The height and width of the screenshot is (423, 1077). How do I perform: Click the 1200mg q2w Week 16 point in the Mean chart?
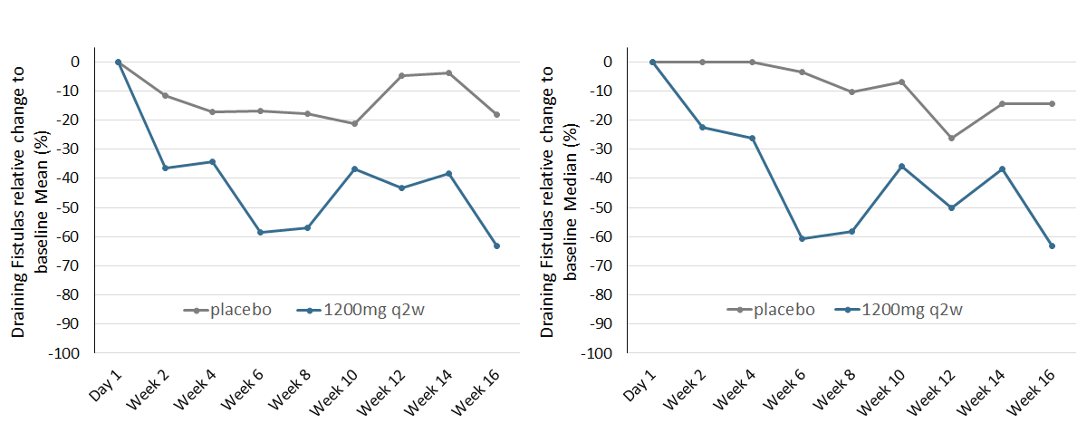[x=496, y=245]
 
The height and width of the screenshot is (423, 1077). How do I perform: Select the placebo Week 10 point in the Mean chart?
[x=354, y=123]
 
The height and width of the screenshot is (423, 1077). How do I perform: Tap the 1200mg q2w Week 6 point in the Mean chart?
[x=260, y=233]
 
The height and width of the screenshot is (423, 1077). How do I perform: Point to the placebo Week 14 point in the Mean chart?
[x=449, y=72]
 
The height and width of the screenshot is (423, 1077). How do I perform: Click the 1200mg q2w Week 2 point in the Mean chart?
[x=165, y=168]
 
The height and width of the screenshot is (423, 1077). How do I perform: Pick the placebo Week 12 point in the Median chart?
[x=952, y=138]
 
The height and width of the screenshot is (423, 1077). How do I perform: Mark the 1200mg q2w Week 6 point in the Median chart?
[x=802, y=238]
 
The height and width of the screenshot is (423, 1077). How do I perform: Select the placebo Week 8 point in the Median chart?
[x=851, y=91]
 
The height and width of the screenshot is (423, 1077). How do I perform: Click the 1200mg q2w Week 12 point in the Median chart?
[x=952, y=207]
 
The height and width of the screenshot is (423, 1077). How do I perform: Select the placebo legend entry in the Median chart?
[x=770, y=310]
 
